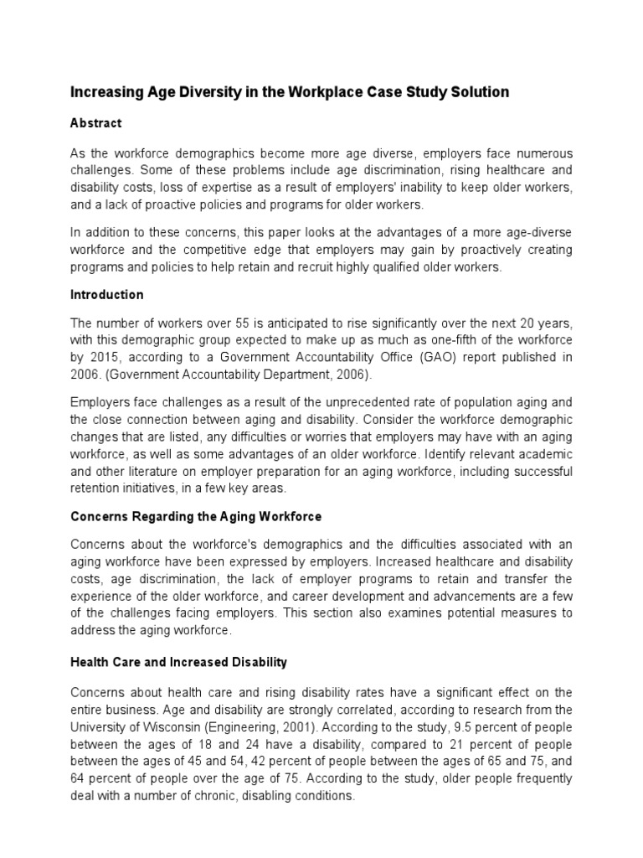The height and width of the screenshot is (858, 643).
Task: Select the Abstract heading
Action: click(95, 123)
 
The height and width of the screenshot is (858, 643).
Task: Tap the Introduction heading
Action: click(106, 295)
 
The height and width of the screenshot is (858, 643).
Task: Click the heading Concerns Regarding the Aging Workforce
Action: click(195, 516)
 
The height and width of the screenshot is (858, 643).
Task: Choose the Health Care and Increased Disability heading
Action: click(178, 662)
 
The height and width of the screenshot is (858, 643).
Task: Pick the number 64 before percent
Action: click(78, 778)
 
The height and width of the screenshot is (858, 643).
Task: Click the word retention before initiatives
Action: click(97, 488)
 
